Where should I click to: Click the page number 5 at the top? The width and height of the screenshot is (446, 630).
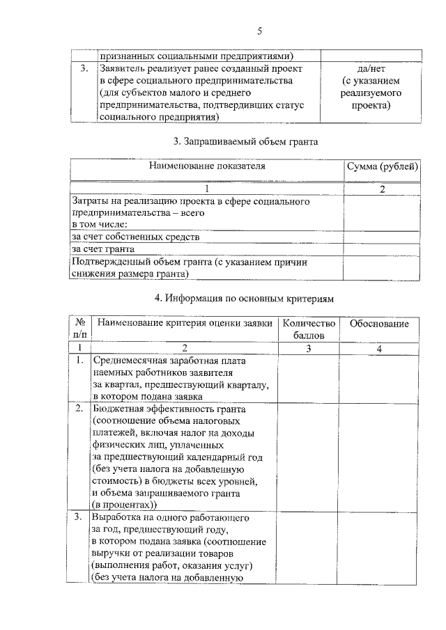point(259,31)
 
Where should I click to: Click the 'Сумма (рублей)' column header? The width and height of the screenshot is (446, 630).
point(383,167)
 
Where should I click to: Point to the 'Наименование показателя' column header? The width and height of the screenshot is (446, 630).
point(207,167)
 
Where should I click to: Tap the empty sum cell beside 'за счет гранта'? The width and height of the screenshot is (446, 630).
point(383,249)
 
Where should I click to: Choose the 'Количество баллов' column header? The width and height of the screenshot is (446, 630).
point(309,329)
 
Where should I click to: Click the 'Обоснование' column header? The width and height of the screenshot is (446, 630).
point(378,324)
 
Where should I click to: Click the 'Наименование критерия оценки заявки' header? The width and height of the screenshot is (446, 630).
point(184,324)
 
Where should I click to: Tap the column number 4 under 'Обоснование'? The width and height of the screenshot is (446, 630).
point(378,348)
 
